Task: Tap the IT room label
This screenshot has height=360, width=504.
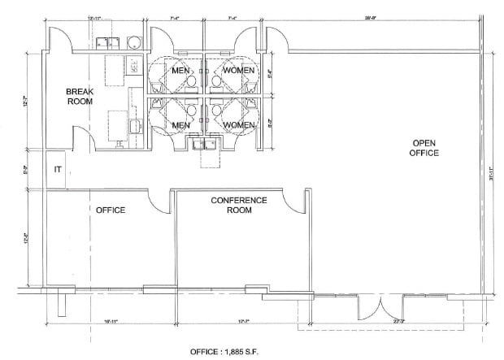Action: (x=57, y=169)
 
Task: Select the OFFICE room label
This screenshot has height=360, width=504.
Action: (x=110, y=210)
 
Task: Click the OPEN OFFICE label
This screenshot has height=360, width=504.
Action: (x=424, y=147)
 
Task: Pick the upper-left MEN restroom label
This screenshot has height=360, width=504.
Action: (x=180, y=71)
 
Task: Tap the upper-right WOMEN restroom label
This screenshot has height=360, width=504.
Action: (x=239, y=71)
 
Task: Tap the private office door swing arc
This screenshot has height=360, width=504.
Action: (x=159, y=201)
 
